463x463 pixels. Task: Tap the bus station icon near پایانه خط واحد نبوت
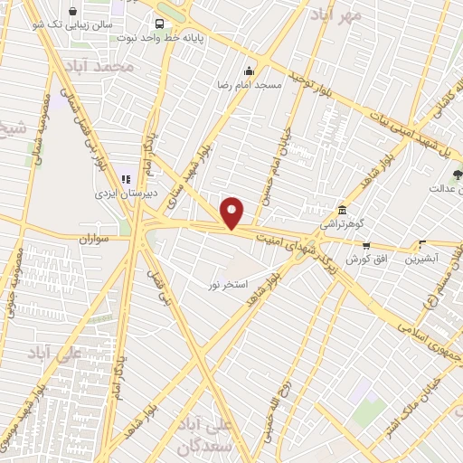[x=160, y=24]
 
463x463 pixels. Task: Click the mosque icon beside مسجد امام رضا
[x=248, y=71]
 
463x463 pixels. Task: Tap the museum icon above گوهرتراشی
[x=341, y=208]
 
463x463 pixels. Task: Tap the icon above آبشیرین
[x=421, y=243]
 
